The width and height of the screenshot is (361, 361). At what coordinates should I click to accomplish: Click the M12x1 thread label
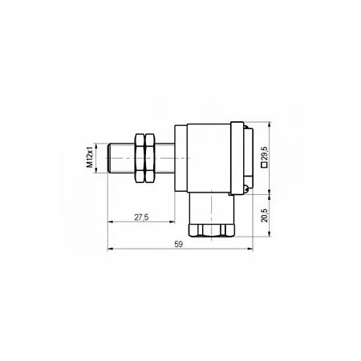(90, 158)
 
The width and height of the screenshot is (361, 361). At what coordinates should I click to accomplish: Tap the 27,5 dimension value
(141, 217)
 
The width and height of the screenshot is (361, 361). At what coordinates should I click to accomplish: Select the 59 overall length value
(178, 244)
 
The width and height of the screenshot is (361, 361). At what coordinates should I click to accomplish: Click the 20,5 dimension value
(264, 215)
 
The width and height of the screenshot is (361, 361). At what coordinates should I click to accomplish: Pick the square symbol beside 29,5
(264, 165)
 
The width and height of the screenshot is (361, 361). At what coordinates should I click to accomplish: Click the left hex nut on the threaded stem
(140, 158)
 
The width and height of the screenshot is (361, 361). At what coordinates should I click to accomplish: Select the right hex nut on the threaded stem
(149, 158)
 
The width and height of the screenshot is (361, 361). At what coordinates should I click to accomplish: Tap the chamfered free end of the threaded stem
(108, 158)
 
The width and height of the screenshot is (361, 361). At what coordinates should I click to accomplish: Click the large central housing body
(209, 158)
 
